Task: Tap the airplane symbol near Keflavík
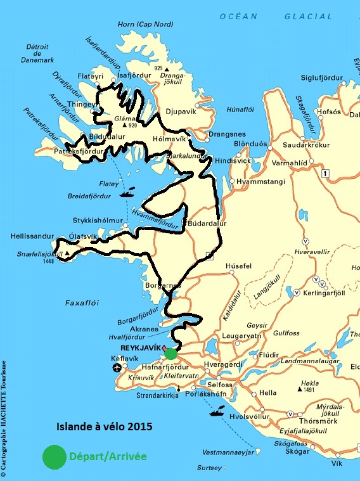pos(117,368)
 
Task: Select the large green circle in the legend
pos(53,456)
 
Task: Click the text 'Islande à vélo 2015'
pos(105,426)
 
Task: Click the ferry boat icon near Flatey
pos(127,191)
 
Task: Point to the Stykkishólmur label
pos(99,221)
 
